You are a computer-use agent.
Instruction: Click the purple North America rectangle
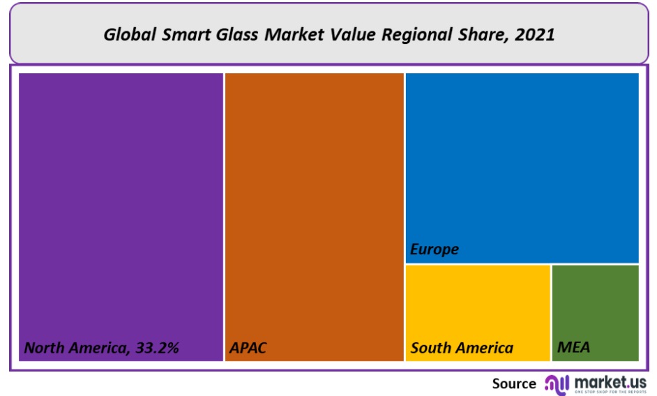tap(121, 209)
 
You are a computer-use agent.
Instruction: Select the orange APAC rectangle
tap(315, 209)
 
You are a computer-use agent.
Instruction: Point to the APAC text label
tap(248, 347)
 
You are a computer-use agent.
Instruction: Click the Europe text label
tap(435, 249)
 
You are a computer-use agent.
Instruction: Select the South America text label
tap(462, 347)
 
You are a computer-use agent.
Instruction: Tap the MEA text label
tap(573, 347)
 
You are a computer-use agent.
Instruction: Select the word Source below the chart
tap(514, 383)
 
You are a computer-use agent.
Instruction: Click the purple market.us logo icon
tap(557, 383)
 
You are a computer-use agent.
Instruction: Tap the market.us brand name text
tap(610, 381)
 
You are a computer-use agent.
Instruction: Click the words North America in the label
tap(75, 347)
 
